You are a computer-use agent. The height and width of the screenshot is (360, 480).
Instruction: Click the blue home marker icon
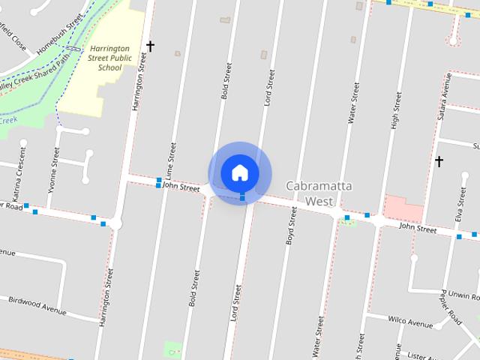tap(239, 172)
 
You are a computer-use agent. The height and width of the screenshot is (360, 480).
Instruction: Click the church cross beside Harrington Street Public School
tap(150, 46)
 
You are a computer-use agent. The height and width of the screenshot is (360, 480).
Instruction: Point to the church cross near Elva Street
tap(439, 161)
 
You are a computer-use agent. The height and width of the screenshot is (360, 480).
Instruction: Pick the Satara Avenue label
tap(442, 95)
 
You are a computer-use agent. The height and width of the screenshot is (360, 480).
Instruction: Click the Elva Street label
tap(460, 203)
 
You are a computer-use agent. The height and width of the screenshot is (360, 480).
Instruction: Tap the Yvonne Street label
tap(55, 168)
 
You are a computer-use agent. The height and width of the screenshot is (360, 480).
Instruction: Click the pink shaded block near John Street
tap(403, 208)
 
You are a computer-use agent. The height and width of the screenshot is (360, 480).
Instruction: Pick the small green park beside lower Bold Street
tap(173, 349)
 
